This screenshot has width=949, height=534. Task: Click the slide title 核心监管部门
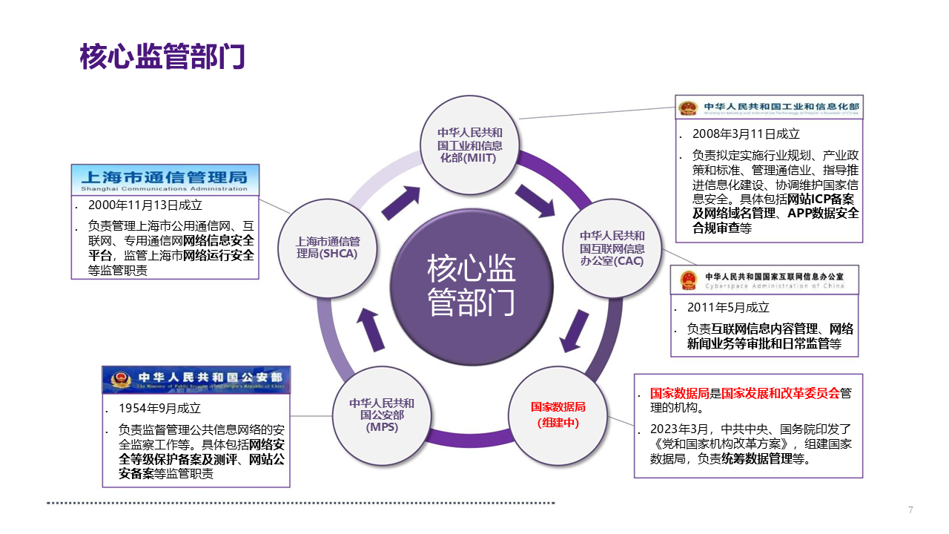click(162, 57)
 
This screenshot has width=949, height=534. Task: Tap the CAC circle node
click(612, 248)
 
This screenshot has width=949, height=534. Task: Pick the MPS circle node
click(382, 415)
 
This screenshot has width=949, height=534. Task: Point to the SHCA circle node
click(327, 248)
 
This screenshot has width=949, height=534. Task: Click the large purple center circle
click(471, 286)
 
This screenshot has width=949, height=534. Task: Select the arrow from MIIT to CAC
click(535, 200)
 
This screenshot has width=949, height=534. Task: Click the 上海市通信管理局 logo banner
click(165, 179)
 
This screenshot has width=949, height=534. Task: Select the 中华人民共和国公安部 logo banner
click(196, 380)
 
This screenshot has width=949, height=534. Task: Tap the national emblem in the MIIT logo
click(688, 108)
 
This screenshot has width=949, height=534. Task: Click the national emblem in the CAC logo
click(689, 280)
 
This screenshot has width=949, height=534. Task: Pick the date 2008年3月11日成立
click(746, 134)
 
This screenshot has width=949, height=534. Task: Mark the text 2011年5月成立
click(728, 307)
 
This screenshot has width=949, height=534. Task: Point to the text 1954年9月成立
click(159, 409)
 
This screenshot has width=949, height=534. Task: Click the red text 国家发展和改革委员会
click(781, 393)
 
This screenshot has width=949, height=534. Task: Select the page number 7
click(910, 510)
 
